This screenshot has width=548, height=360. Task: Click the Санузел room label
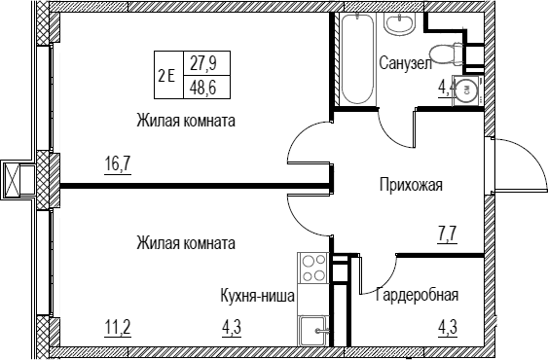406,63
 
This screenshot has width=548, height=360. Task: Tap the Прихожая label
411,185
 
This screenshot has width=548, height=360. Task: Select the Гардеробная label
417,295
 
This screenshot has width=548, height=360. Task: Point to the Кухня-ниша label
258,296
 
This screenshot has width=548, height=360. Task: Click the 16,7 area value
118,163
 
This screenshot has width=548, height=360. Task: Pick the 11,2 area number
118,329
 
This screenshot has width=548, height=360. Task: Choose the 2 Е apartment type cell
166,76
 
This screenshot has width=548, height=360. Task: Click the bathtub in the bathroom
357,58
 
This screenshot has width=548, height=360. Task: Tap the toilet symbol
447,54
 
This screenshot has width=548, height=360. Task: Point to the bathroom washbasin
399,23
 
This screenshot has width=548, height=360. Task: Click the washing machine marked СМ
467,90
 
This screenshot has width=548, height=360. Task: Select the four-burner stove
313,269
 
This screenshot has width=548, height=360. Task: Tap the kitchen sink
313,331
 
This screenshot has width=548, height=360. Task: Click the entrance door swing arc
530,157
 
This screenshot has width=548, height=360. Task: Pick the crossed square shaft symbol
12,179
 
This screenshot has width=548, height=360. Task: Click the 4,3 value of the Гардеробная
448,329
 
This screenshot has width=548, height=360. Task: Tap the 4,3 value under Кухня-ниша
232,329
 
